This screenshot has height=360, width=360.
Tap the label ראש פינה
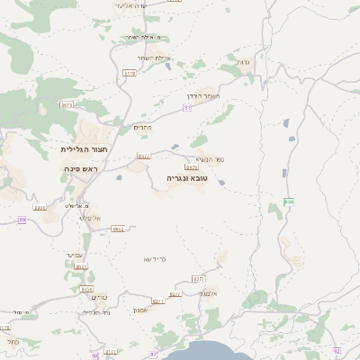click(79, 169)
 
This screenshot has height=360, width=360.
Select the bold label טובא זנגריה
click(187, 178)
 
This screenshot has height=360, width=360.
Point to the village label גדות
click(245, 61)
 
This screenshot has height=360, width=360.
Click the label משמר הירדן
click(218, 96)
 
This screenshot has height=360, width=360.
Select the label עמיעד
click(75, 255)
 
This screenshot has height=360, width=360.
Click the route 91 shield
click(188, 106)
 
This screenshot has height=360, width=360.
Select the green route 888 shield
click(289, 202)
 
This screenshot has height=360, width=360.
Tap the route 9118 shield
click(130, 73)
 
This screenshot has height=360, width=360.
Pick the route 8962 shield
click(118, 229)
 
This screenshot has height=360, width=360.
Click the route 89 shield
click(22, 219)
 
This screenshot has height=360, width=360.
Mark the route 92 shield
click(336, 350)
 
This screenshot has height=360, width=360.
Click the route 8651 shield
click(81, 266)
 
